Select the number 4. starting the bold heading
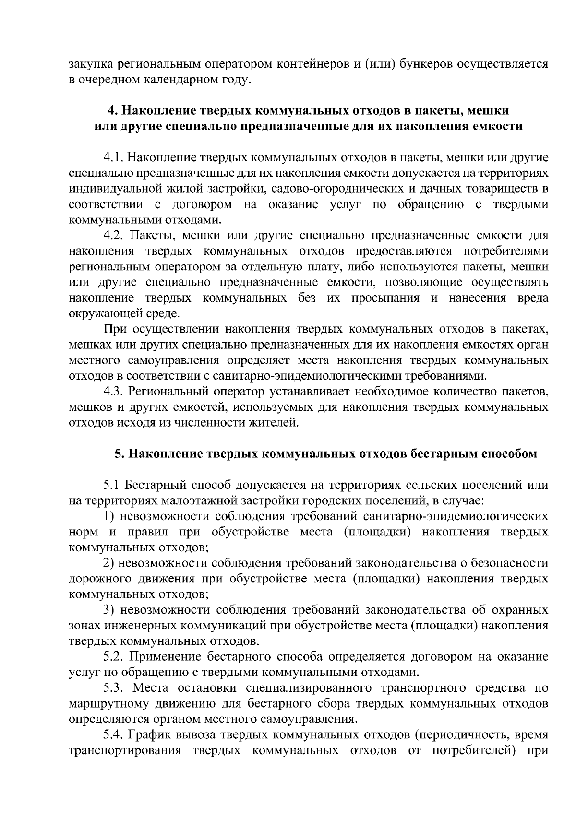coord(113,111)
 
